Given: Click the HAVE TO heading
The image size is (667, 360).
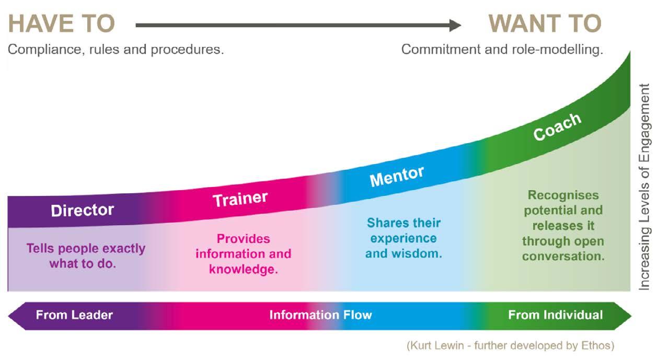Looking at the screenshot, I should click(61, 24).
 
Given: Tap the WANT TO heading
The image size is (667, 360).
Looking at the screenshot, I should click(545, 24).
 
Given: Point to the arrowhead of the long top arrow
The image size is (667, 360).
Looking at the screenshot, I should click(455, 25).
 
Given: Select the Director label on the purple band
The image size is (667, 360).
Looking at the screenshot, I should click(82, 210).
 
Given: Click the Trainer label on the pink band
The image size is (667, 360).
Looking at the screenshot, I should click(240, 199).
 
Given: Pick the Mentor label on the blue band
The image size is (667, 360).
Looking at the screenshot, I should click(397, 177).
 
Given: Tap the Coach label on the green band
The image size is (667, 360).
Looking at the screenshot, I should click(557, 126).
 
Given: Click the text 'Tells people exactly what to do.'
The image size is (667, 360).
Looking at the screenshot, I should click(86, 256).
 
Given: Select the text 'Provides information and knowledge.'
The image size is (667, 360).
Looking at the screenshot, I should click(243, 254).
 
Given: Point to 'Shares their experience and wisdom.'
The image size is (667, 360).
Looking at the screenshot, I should click(404, 238).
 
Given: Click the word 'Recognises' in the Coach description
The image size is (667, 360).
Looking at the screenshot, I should click(563, 195).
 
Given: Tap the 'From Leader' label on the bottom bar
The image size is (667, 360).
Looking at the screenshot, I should click(74, 315).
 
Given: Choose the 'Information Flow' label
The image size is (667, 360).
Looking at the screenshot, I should click(320, 315).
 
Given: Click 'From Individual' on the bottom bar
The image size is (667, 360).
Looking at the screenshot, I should click(555, 315).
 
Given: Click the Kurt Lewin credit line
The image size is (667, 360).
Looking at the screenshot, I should click(510, 345).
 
